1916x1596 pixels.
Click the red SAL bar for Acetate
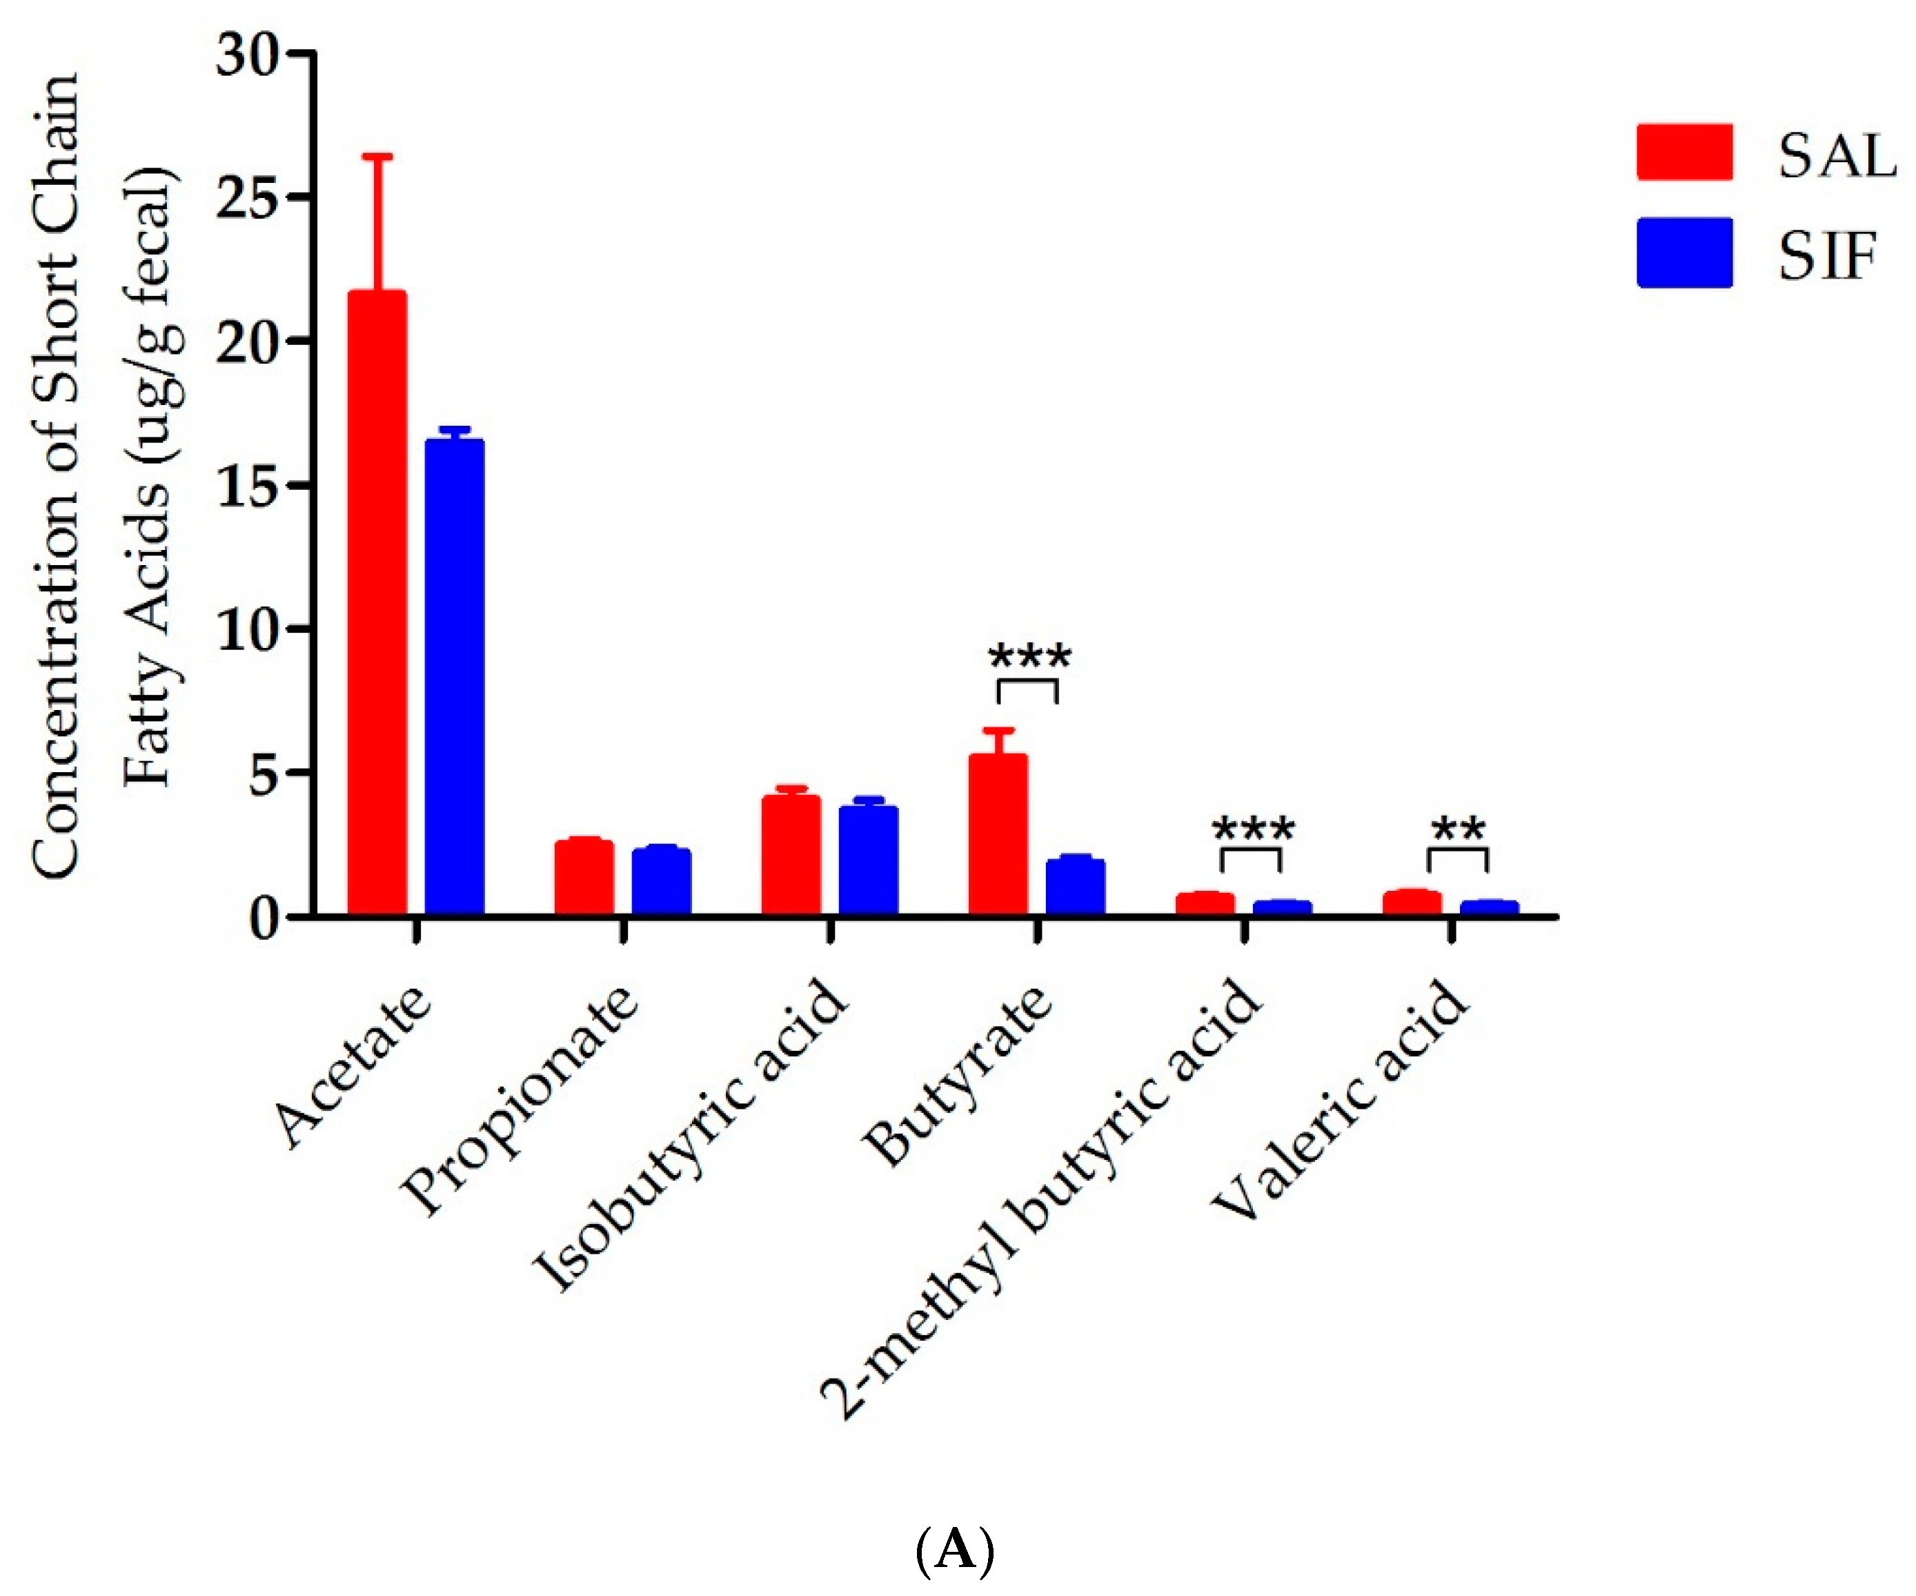click(x=377, y=602)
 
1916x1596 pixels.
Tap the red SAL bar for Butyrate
click(x=998, y=834)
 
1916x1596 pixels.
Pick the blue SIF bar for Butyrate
click(x=1076, y=886)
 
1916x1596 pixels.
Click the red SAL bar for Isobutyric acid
click(x=791, y=855)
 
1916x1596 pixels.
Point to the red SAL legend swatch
click(x=1684, y=152)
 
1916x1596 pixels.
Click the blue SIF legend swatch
click(x=1684, y=253)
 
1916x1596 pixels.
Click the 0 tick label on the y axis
click(x=263, y=918)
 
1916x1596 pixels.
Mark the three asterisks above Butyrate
click(x=1030, y=657)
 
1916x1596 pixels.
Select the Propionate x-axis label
click(x=520, y=1100)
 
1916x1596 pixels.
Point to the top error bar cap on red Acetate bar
click(x=377, y=157)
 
